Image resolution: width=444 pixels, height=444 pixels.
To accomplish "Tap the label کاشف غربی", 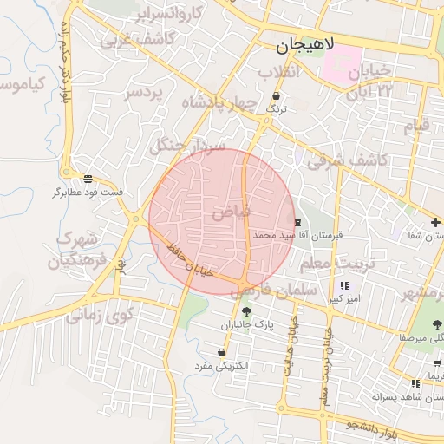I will pos(139,39).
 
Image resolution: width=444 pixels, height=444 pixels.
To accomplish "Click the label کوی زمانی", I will pos(100,314).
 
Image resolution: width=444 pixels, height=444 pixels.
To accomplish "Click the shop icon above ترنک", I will pos(276,96).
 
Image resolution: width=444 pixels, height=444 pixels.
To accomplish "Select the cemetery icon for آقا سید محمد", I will pos(298,222).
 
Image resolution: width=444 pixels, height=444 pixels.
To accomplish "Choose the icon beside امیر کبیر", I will pos(345,285).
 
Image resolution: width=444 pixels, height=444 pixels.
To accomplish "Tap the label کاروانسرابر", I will pos(171,14).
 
